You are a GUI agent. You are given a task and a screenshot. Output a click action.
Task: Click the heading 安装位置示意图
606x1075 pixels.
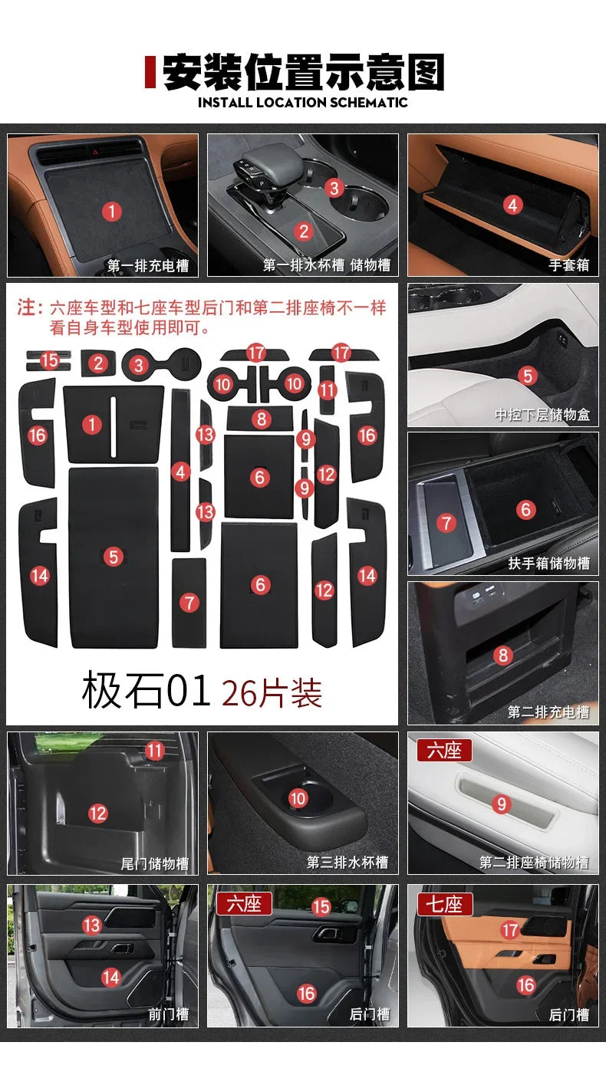pyautogui.click(x=304, y=73)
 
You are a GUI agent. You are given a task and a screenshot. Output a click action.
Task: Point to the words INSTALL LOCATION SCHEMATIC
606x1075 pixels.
pyautogui.click(x=303, y=102)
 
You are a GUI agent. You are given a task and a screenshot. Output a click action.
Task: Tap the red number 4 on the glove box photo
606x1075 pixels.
pyautogui.click(x=512, y=205)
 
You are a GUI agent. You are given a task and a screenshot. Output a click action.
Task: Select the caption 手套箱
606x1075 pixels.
pyautogui.click(x=568, y=265)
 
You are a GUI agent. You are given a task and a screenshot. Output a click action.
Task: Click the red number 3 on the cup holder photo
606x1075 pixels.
pyautogui.click(x=334, y=187)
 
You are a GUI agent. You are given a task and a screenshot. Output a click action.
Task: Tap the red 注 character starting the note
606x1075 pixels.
pyautogui.click(x=29, y=308)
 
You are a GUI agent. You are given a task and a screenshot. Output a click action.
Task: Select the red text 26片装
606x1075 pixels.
pyautogui.click(x=272, y=693)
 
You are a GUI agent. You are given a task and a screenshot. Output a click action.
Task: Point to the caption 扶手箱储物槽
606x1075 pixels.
pyautogui.click(x=548, y=564)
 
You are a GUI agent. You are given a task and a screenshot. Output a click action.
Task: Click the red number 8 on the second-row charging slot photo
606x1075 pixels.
pyautogui.click(x=503, y=656)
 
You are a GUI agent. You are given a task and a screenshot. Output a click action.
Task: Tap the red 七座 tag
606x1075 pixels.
pyautogui.click(x=445, y=904)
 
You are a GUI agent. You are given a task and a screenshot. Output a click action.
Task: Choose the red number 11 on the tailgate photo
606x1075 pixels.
pyautogui.click(x=156, y=750)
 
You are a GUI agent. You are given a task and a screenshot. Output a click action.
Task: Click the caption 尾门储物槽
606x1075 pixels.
pyautogui.click(x=154, y=863)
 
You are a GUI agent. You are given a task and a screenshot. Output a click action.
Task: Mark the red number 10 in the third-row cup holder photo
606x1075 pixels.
pyautogui.click(x=298, y=799)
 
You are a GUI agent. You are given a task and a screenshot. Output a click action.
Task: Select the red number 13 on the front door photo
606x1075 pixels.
pyautogui.click(x=92, y=925)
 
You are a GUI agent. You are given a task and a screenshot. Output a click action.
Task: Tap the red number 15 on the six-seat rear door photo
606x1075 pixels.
pyautogui.click(x=321, y=907)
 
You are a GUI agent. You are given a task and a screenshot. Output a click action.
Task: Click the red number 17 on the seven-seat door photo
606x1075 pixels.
pyautogui.click(x=510, y=930)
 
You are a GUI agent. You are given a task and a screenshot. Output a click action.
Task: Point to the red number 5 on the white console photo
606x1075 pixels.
pyautogui.click(x=527, y=375)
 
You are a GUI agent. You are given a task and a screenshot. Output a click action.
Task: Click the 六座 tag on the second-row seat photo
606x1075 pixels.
pyautogui.click(x=444, y=751)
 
